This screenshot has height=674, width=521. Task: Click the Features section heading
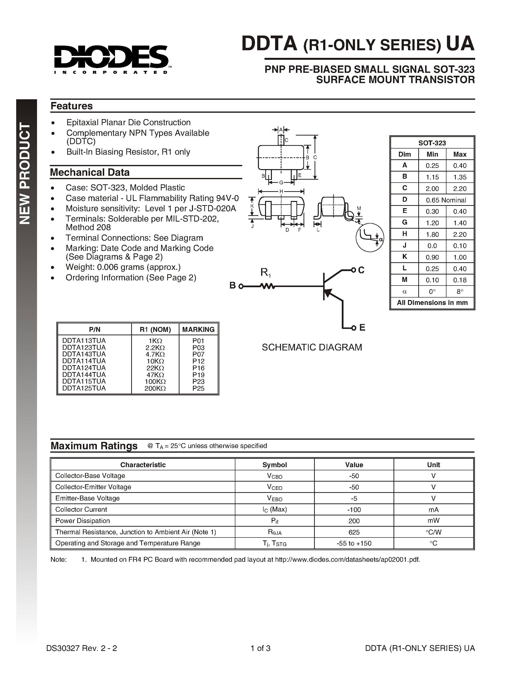[71, 106]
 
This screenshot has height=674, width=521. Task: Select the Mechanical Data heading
[89, 172]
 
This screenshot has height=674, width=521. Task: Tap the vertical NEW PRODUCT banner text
[25, 173]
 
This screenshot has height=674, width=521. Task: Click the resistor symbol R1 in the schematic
[267, 286]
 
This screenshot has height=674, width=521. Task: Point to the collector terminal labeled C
[361, 270]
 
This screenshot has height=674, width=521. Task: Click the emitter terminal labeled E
[362, 327]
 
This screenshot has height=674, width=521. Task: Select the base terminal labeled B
[233, 286]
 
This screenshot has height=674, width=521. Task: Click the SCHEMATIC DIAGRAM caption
[312, 347]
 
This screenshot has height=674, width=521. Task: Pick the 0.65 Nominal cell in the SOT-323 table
[446, 200]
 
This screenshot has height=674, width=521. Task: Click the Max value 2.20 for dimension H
[459, 234]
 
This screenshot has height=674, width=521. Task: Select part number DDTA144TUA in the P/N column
[84, 374]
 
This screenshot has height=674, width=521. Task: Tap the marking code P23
[198, 381]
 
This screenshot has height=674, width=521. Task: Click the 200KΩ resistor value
[155, 388]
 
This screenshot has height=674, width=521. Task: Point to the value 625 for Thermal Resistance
[354, 532]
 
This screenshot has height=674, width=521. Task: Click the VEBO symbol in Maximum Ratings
[274, 499]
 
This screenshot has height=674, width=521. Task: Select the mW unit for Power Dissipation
[433, 521]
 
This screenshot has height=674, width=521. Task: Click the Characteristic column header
[143, 465]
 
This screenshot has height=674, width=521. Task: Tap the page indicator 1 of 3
[260, 648]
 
